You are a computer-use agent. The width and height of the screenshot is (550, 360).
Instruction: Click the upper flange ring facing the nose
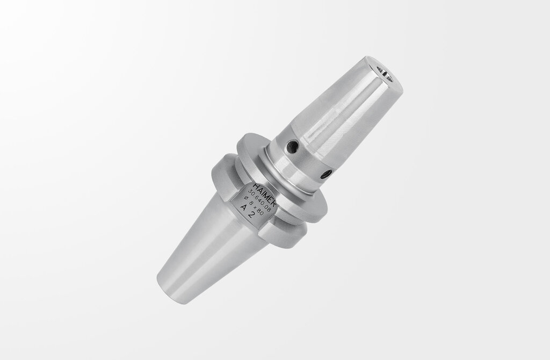pyautogui.click(x=285, y=177)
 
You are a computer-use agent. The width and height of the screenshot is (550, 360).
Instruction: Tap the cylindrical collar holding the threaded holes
pyautogui.click(x=306, y=156)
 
